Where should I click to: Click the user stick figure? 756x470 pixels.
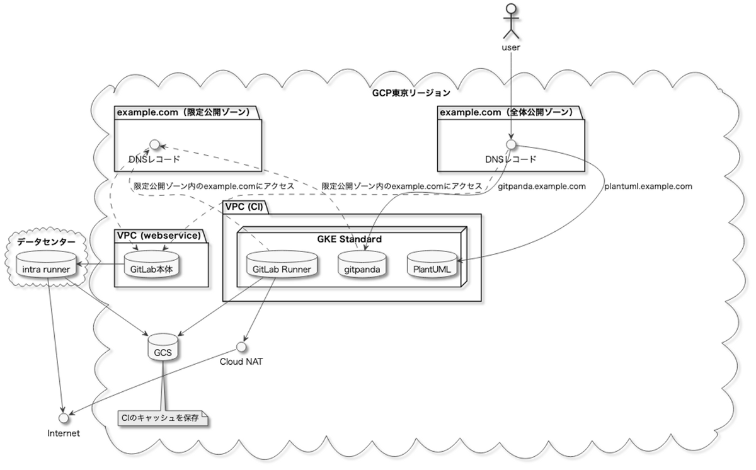[511, 20]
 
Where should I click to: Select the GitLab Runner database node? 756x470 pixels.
[281, 266]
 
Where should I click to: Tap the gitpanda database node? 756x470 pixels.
[361, 266]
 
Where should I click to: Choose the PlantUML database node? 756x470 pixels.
[432, 266]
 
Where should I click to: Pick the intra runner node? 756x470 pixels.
[46, 266]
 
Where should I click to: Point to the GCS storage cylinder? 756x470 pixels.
[163, 348]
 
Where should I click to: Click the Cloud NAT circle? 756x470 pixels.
[241, 347]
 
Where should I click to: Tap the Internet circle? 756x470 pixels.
[63, 418]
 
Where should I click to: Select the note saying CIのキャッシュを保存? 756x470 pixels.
[163, 418]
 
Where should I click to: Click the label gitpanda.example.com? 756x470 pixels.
[542, 186]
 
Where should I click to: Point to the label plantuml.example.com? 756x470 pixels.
[648, 186]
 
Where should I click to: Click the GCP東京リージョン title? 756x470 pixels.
[411, 93]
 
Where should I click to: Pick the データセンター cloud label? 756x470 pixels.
[45, 241]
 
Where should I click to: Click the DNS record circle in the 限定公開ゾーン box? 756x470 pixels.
[152, 144]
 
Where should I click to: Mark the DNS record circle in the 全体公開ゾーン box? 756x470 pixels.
[511, 144]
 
